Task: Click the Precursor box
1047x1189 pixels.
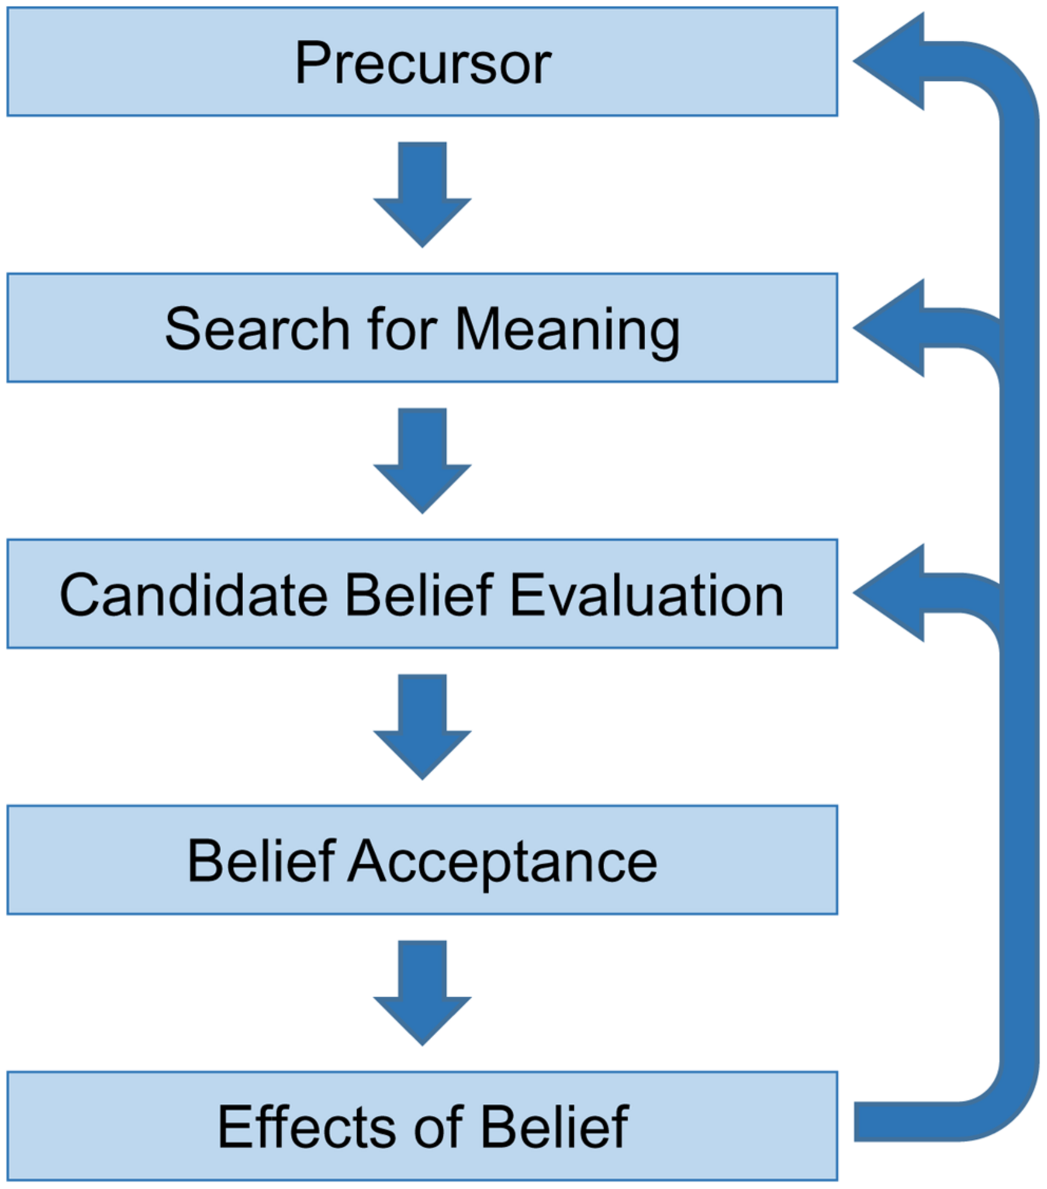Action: (x=422, y=62)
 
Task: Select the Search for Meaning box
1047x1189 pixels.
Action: (x=422, y=328)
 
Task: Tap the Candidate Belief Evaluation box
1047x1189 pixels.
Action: (x=422, y=594)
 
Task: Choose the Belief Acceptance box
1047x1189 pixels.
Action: (x=422, y=860)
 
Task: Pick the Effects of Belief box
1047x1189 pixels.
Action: (x=422, y=1126)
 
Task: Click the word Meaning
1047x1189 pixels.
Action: (x=567, y=331)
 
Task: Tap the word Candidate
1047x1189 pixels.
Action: (x=193, y=595)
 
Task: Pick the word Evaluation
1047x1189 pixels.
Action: (x=647, y=595)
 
